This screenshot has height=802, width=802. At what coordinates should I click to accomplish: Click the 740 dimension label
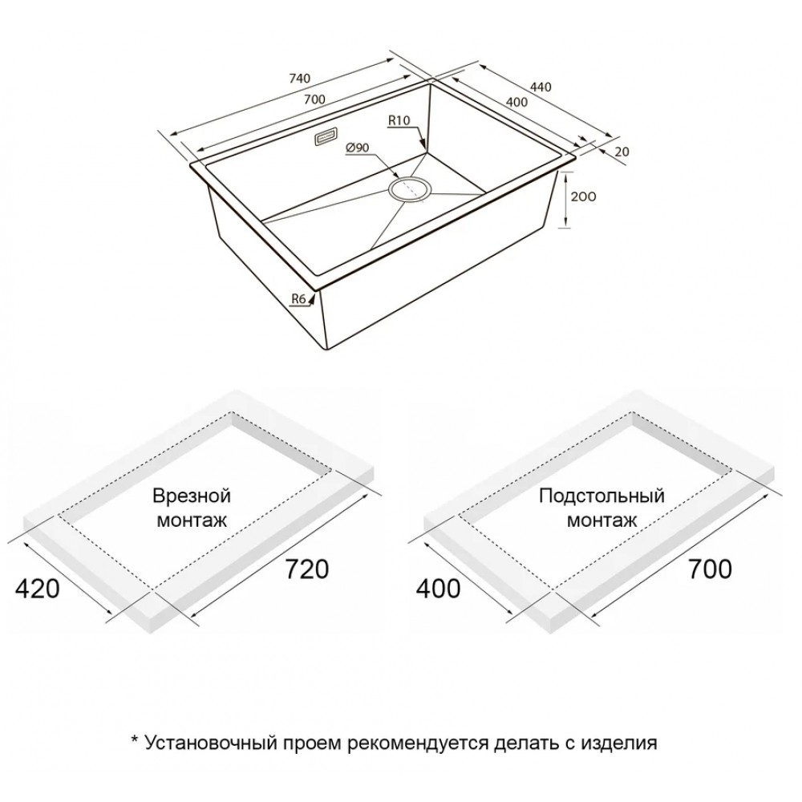tap(300, 79)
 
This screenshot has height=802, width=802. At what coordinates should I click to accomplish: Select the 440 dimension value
tap(541, 87)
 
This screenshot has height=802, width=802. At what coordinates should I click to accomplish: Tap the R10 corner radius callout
tap(399, 121)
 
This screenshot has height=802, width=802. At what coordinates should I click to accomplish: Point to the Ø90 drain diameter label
tap(358, 148)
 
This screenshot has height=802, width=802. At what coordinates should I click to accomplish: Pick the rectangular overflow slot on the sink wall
tap(325, 136)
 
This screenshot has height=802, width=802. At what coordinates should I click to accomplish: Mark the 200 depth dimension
tap(583, 196)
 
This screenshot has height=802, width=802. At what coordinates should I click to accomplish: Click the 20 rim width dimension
tap(622, 152)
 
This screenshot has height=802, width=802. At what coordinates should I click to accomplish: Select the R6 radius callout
tap(298, 298)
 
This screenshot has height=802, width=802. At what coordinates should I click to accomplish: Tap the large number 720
tap(306, 569)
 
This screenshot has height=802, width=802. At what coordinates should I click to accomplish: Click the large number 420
tap(38, 589)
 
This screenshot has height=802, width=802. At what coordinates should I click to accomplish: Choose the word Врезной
tap(192, 496)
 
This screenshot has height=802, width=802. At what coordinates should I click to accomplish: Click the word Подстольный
tap(601, 496)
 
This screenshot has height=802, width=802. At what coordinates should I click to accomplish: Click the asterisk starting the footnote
tap(135, 739)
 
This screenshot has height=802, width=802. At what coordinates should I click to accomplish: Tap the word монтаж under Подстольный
tap(602, 520)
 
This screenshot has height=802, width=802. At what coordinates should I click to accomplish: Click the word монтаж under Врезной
tap(192, 520)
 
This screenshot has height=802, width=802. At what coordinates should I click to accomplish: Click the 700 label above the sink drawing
tap(314, 99)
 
